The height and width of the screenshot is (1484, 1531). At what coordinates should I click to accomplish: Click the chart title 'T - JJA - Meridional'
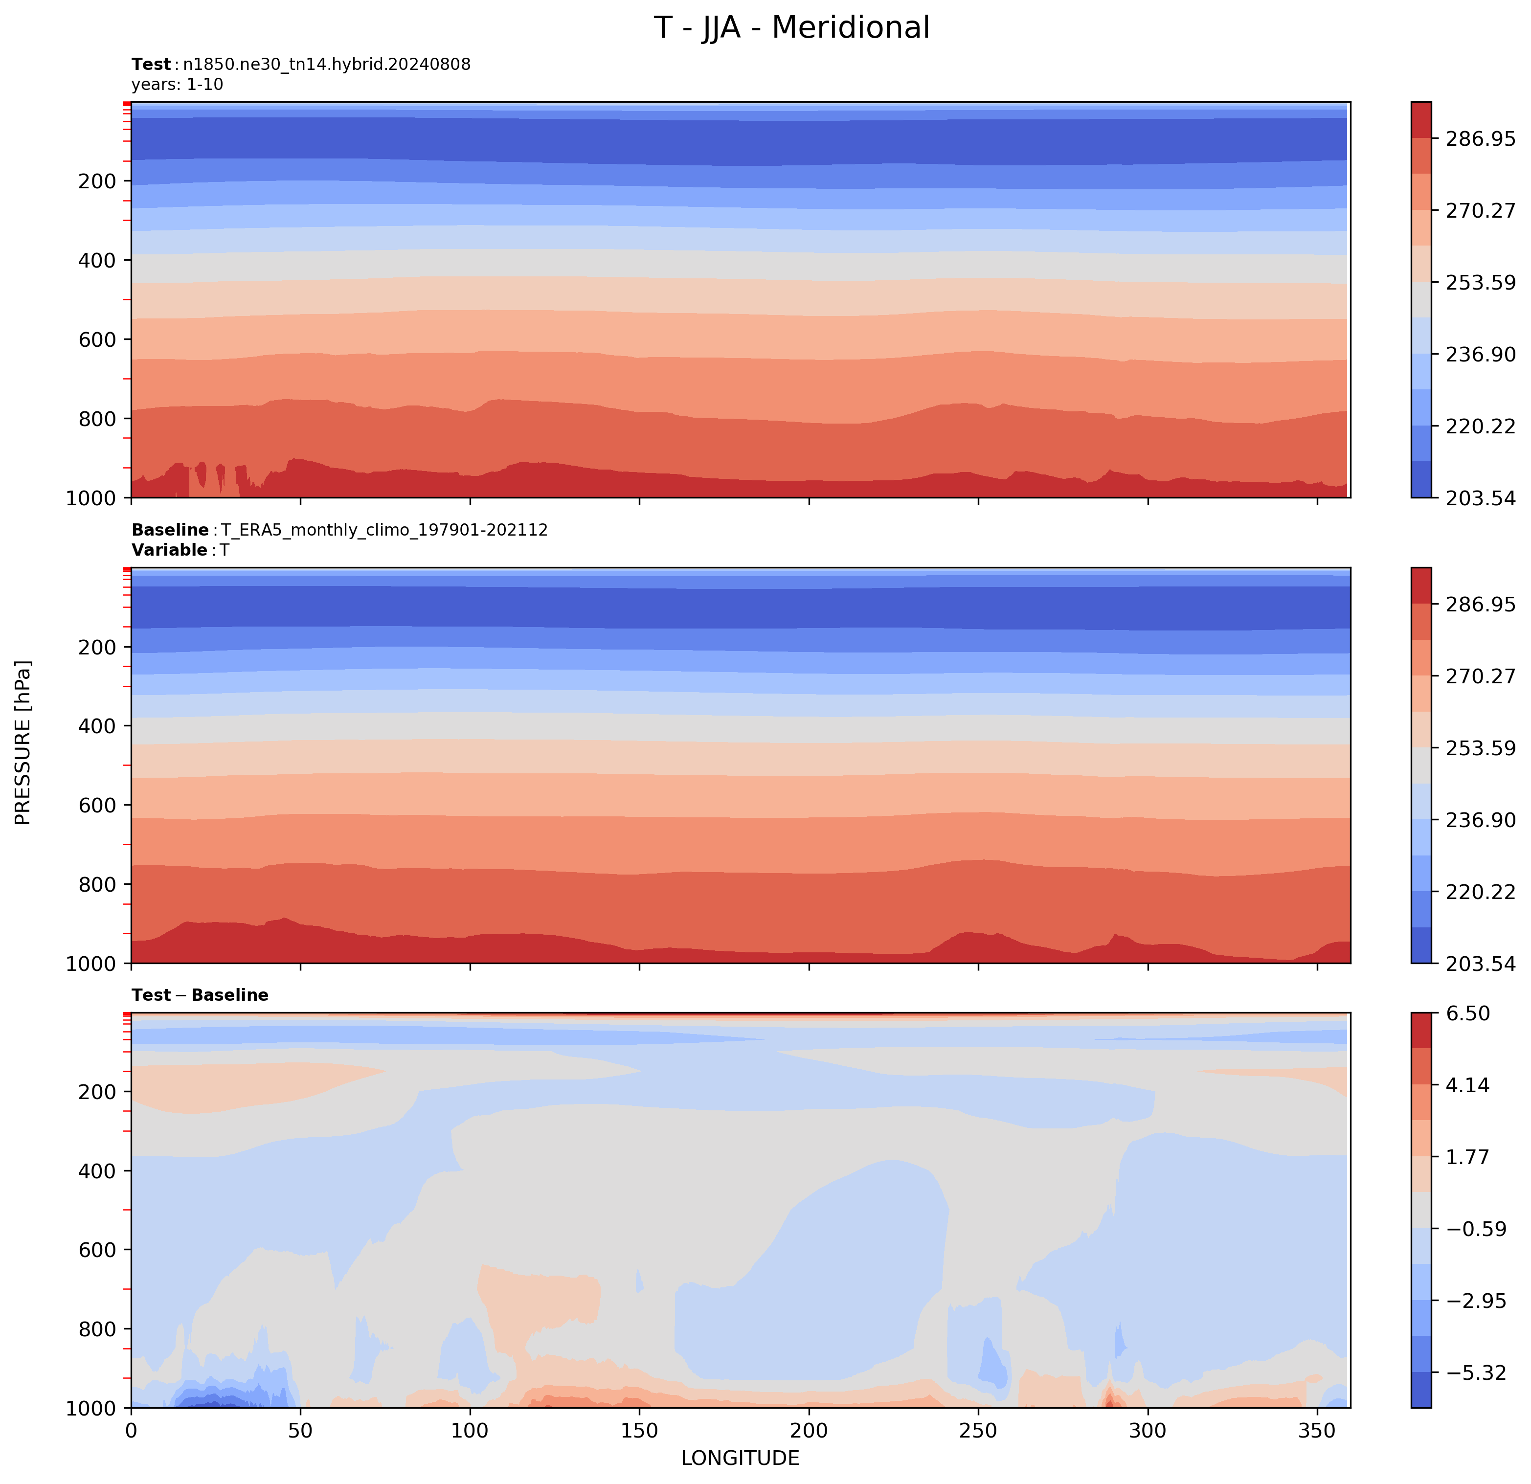[791, 28]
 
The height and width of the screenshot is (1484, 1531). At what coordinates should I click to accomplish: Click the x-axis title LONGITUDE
[740, 1458]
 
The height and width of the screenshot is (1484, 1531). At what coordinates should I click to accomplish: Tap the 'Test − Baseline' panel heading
[200, 995]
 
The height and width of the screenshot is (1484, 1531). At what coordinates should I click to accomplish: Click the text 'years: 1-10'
[178, 84]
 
